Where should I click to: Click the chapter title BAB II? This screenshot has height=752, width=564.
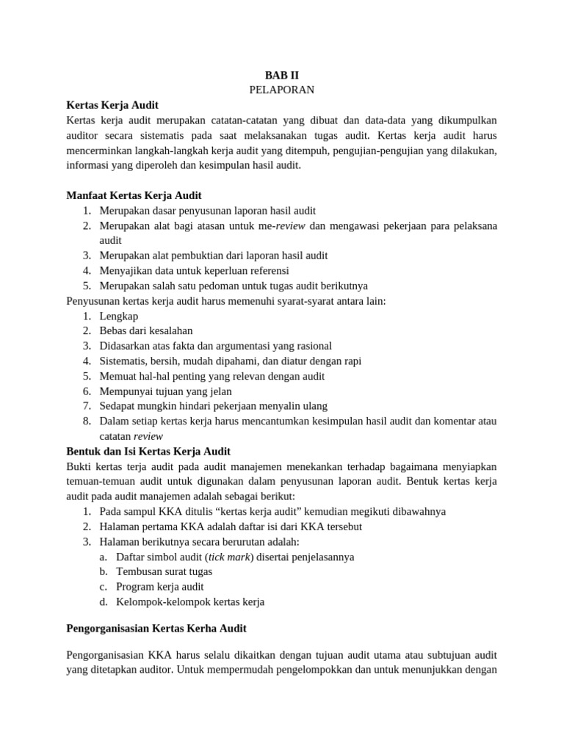pos(282,75)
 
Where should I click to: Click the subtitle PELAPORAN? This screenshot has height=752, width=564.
pos(282,90)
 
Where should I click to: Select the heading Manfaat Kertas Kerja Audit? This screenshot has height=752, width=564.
pos(134,195)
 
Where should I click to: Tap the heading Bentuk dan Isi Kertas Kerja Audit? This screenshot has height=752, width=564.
pos(148,451)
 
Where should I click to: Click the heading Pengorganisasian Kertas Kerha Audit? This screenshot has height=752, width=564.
pos(156,629)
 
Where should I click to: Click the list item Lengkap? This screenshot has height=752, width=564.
pos(119,316)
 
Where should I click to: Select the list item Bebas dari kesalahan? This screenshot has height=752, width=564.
pos(146,331)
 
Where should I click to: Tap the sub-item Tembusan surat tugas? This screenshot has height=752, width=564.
pos(164,571)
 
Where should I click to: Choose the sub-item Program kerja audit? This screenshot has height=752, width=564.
pos(160,587)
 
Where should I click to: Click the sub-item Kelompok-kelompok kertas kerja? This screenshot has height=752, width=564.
pos(190,601)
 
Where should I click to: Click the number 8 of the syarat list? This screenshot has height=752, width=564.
pos(86,421)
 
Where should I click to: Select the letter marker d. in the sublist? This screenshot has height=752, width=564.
pos(104,601)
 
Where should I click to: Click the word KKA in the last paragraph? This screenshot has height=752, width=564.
pos(160,654)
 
